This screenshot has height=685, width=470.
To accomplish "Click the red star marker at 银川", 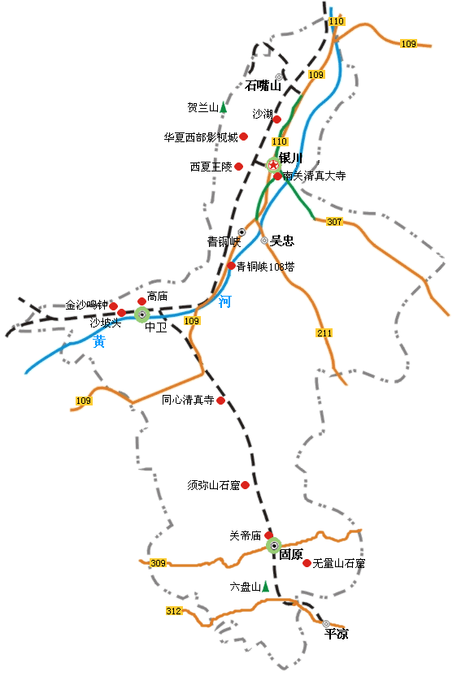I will (x=273, y=165).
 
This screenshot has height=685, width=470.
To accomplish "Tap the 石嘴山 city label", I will (x=263, y=85).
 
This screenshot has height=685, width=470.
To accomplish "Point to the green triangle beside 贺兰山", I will (x=224, y=107).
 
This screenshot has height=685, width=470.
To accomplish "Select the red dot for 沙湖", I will (x=277, y=119).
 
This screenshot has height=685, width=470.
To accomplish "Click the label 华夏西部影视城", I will (x=201, y=137).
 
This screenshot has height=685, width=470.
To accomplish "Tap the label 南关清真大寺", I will (x=314, y=176).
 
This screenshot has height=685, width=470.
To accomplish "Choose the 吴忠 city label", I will (x=282, y=241).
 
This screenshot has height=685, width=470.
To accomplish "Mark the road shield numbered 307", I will (x=334, y=222).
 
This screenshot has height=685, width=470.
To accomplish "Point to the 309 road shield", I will (x=158, y=563).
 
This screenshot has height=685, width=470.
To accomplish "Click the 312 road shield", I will (x=174, y=611).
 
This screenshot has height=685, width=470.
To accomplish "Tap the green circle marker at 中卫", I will (x=142, y=314).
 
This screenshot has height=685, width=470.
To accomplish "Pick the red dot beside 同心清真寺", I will (x=220, y=400).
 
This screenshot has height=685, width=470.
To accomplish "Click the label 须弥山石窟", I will (x=213, y=485).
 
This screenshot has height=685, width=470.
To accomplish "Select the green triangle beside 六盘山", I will (x=266, y=586).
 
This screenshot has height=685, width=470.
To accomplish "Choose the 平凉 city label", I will (x=336, y=634).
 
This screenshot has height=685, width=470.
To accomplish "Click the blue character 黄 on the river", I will (x=99, y=342).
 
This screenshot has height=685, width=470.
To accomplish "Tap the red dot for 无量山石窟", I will (x=307, y=563).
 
